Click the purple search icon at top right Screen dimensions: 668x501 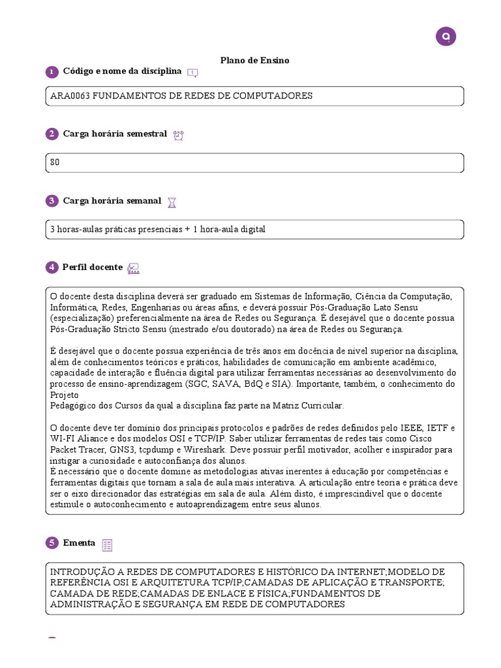coord(446,37)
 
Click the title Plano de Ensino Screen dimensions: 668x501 coord(254,60)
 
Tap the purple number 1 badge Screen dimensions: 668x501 coord(52,72)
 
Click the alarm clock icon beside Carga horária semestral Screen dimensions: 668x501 coord(179,135)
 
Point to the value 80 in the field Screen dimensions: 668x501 coord(55,162)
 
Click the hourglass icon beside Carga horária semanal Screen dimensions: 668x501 coord(172,202)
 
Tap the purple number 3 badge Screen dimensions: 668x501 coord(52,201)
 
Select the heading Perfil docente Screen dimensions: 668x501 coord(93,267)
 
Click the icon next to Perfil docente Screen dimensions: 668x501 coord(134,268)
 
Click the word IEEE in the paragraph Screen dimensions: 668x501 coord(410,428)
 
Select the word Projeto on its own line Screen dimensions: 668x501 coord(64,395)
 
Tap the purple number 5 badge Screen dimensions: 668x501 coord(52,543)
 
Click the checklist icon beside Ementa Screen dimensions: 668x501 coord(108,545)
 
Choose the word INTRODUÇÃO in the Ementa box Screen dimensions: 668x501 coord(80,571)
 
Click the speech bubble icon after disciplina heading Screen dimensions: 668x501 coord(192,72)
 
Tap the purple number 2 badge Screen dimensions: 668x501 coord(52,134)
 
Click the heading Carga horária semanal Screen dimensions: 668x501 coord(112,201)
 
